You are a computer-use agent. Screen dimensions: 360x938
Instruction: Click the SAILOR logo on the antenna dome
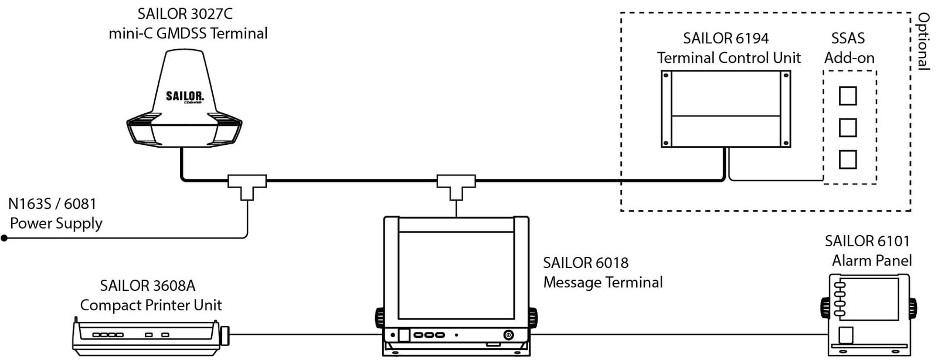coord(185,96)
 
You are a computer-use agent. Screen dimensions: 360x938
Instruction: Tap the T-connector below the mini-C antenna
coord(247,183)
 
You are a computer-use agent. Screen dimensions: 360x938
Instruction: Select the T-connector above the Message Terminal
coord(456,183)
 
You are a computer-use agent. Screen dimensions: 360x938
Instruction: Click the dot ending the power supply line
coord(4,238)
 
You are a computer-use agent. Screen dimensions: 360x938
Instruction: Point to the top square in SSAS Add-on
coord(848,96)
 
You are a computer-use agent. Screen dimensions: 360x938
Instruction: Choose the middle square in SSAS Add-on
coord(848,127)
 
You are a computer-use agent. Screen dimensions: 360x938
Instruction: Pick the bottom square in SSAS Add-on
coord(848,159)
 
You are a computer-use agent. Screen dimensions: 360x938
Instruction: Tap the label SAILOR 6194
coord(726,39)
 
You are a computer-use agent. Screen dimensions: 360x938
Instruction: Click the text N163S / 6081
coord(52,204)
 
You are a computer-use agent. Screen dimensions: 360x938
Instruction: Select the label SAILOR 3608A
coord(148,286)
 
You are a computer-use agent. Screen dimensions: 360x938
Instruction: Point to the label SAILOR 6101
coord(867,241)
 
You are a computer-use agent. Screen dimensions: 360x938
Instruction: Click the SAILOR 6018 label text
coord(586,263)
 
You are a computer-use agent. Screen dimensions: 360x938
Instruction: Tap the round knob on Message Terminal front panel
coord(508,335)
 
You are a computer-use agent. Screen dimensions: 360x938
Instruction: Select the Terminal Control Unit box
coord(726,109)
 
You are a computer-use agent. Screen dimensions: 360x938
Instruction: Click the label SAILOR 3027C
coord(181,14)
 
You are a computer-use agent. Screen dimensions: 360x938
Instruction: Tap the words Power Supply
coord(56,223)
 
